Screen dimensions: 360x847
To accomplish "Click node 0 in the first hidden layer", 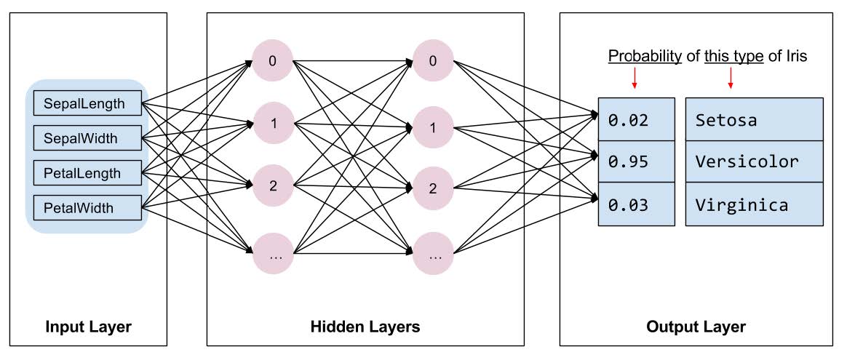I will [x=273, y=60].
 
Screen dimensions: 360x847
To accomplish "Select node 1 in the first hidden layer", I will [x=273, y=123].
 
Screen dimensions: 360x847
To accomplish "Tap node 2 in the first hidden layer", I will [x=273, y=185].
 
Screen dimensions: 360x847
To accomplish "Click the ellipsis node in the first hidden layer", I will [x=273, y=255].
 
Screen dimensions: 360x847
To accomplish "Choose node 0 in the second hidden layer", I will [x=433, y=60].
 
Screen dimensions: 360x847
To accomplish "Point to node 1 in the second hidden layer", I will [x=433, y=129].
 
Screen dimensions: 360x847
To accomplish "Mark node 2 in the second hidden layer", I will [x=433, y=189].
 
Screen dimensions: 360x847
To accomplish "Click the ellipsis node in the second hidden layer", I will [x=433, y=255].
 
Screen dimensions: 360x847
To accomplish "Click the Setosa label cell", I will [x=755, y=119].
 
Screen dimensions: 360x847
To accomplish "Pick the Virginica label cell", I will [x=755, y=204].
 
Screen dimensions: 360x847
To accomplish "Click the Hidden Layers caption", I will [x=365, y=327].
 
